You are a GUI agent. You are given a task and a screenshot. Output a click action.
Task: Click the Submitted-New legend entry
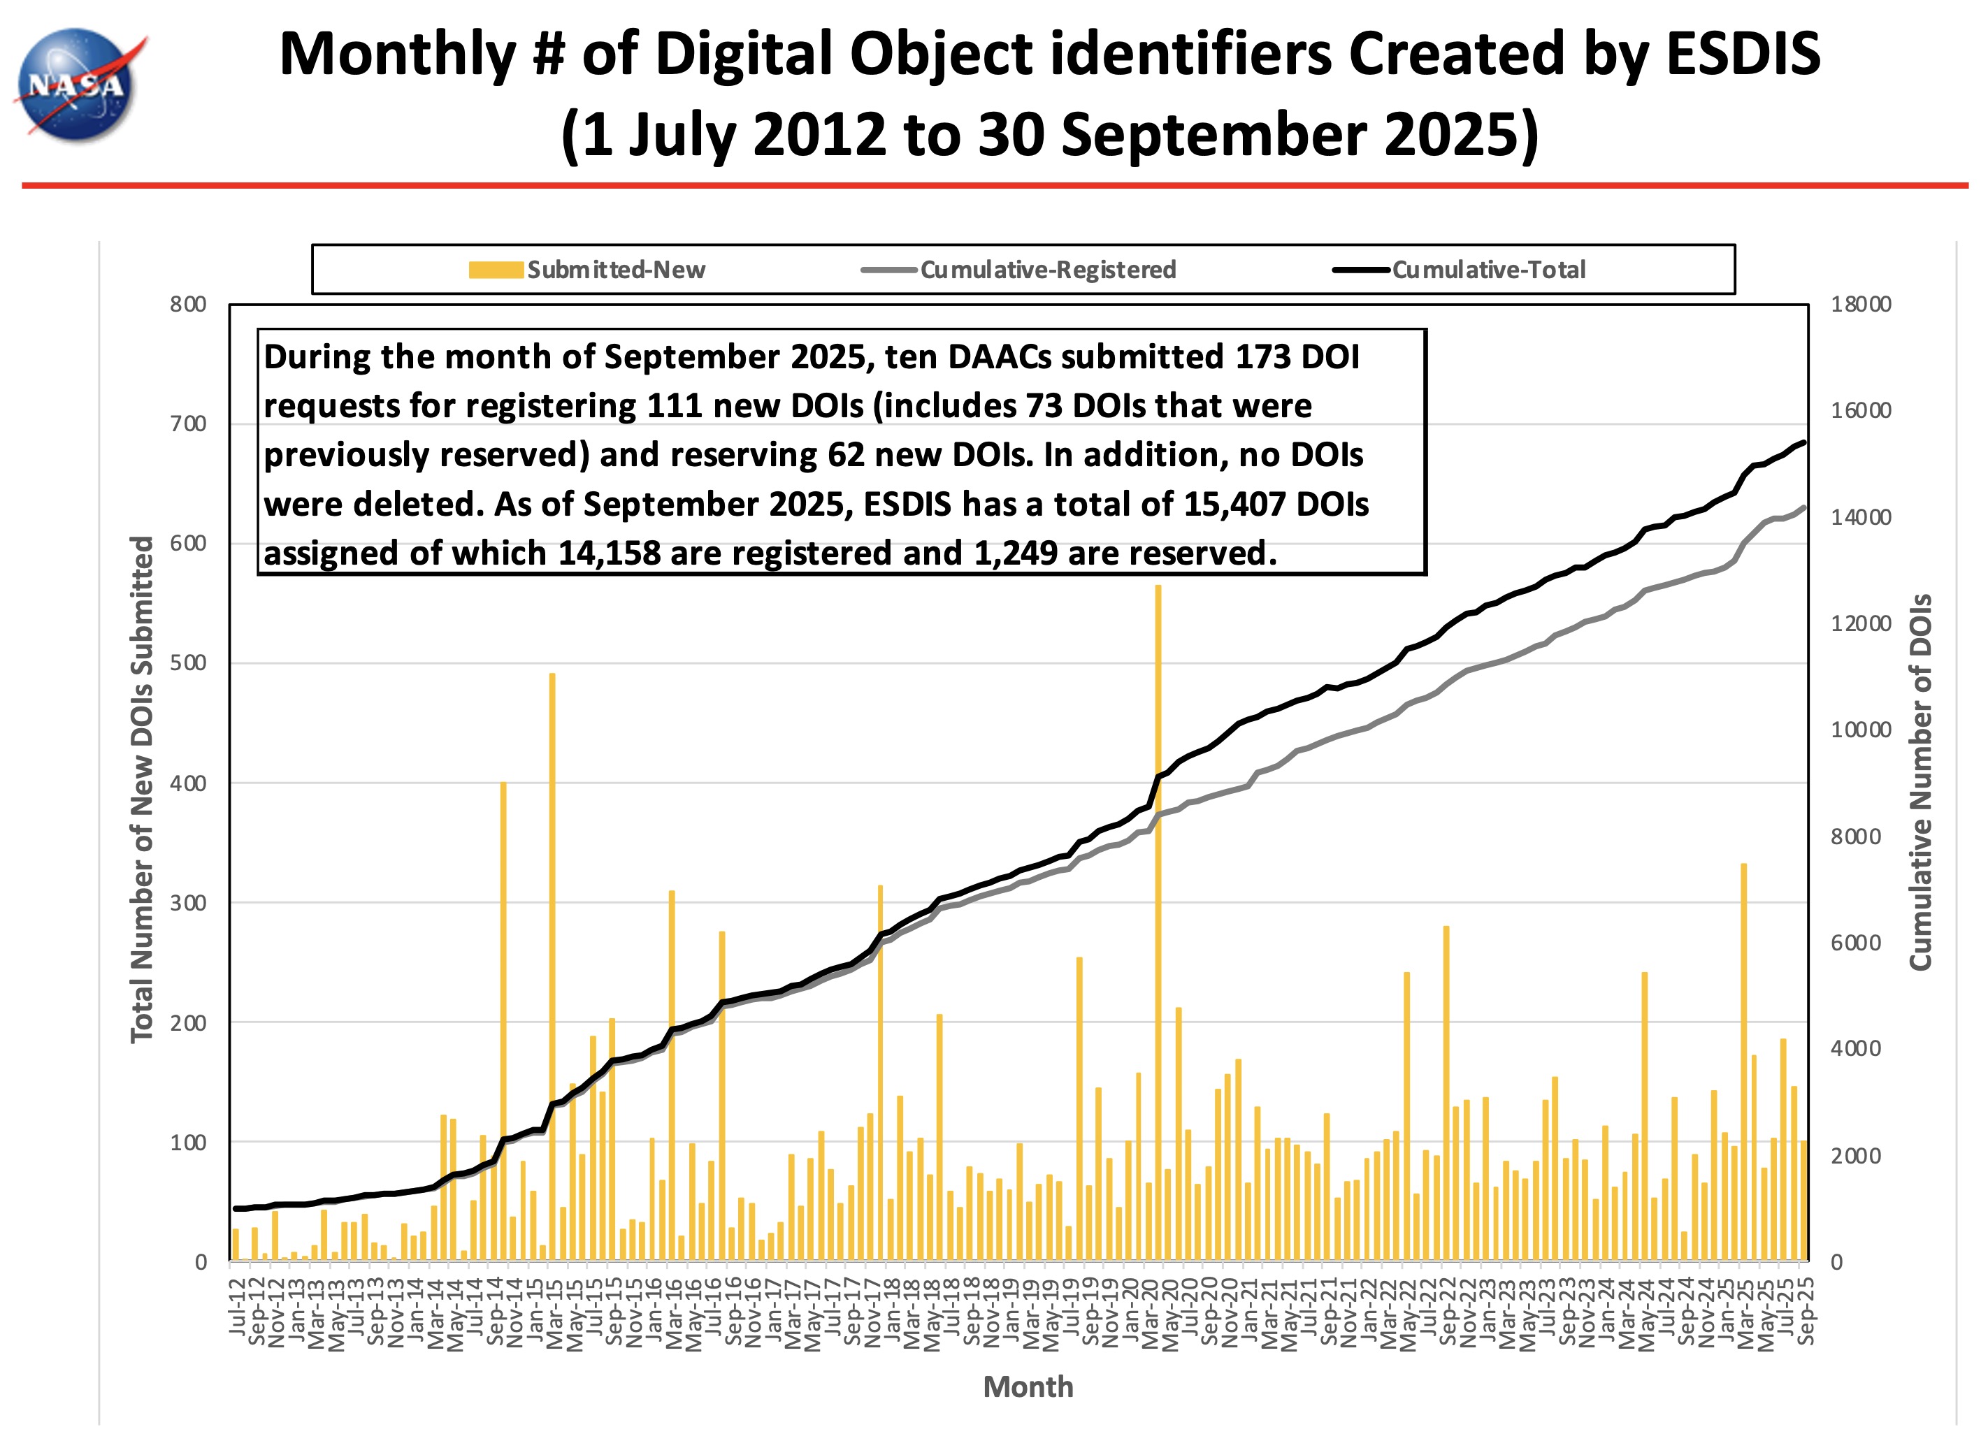[x=587, y=270]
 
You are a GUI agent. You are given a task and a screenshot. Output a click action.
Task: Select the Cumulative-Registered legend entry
[x=1018, y=270]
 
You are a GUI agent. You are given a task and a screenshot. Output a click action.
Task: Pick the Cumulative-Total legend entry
[x=1460, y=270]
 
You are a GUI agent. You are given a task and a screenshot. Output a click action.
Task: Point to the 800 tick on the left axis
[x=189, y=305]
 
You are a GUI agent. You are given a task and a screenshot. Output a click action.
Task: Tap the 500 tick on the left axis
[x=189, y=663]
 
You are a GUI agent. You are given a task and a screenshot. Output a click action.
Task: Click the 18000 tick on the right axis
[x=1860, y=305]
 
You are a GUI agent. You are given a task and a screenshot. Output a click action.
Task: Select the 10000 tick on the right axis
[x=1860, y=730]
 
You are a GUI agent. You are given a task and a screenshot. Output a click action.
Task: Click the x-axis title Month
[x=1028, y=1386]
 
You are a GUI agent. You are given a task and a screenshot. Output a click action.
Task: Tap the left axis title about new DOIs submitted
[x=142, y=789]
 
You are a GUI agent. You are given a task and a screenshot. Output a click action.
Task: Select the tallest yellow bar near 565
[x=1158, y=920]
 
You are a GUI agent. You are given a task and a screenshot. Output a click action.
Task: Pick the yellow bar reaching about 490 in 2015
[x=552, y=964]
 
